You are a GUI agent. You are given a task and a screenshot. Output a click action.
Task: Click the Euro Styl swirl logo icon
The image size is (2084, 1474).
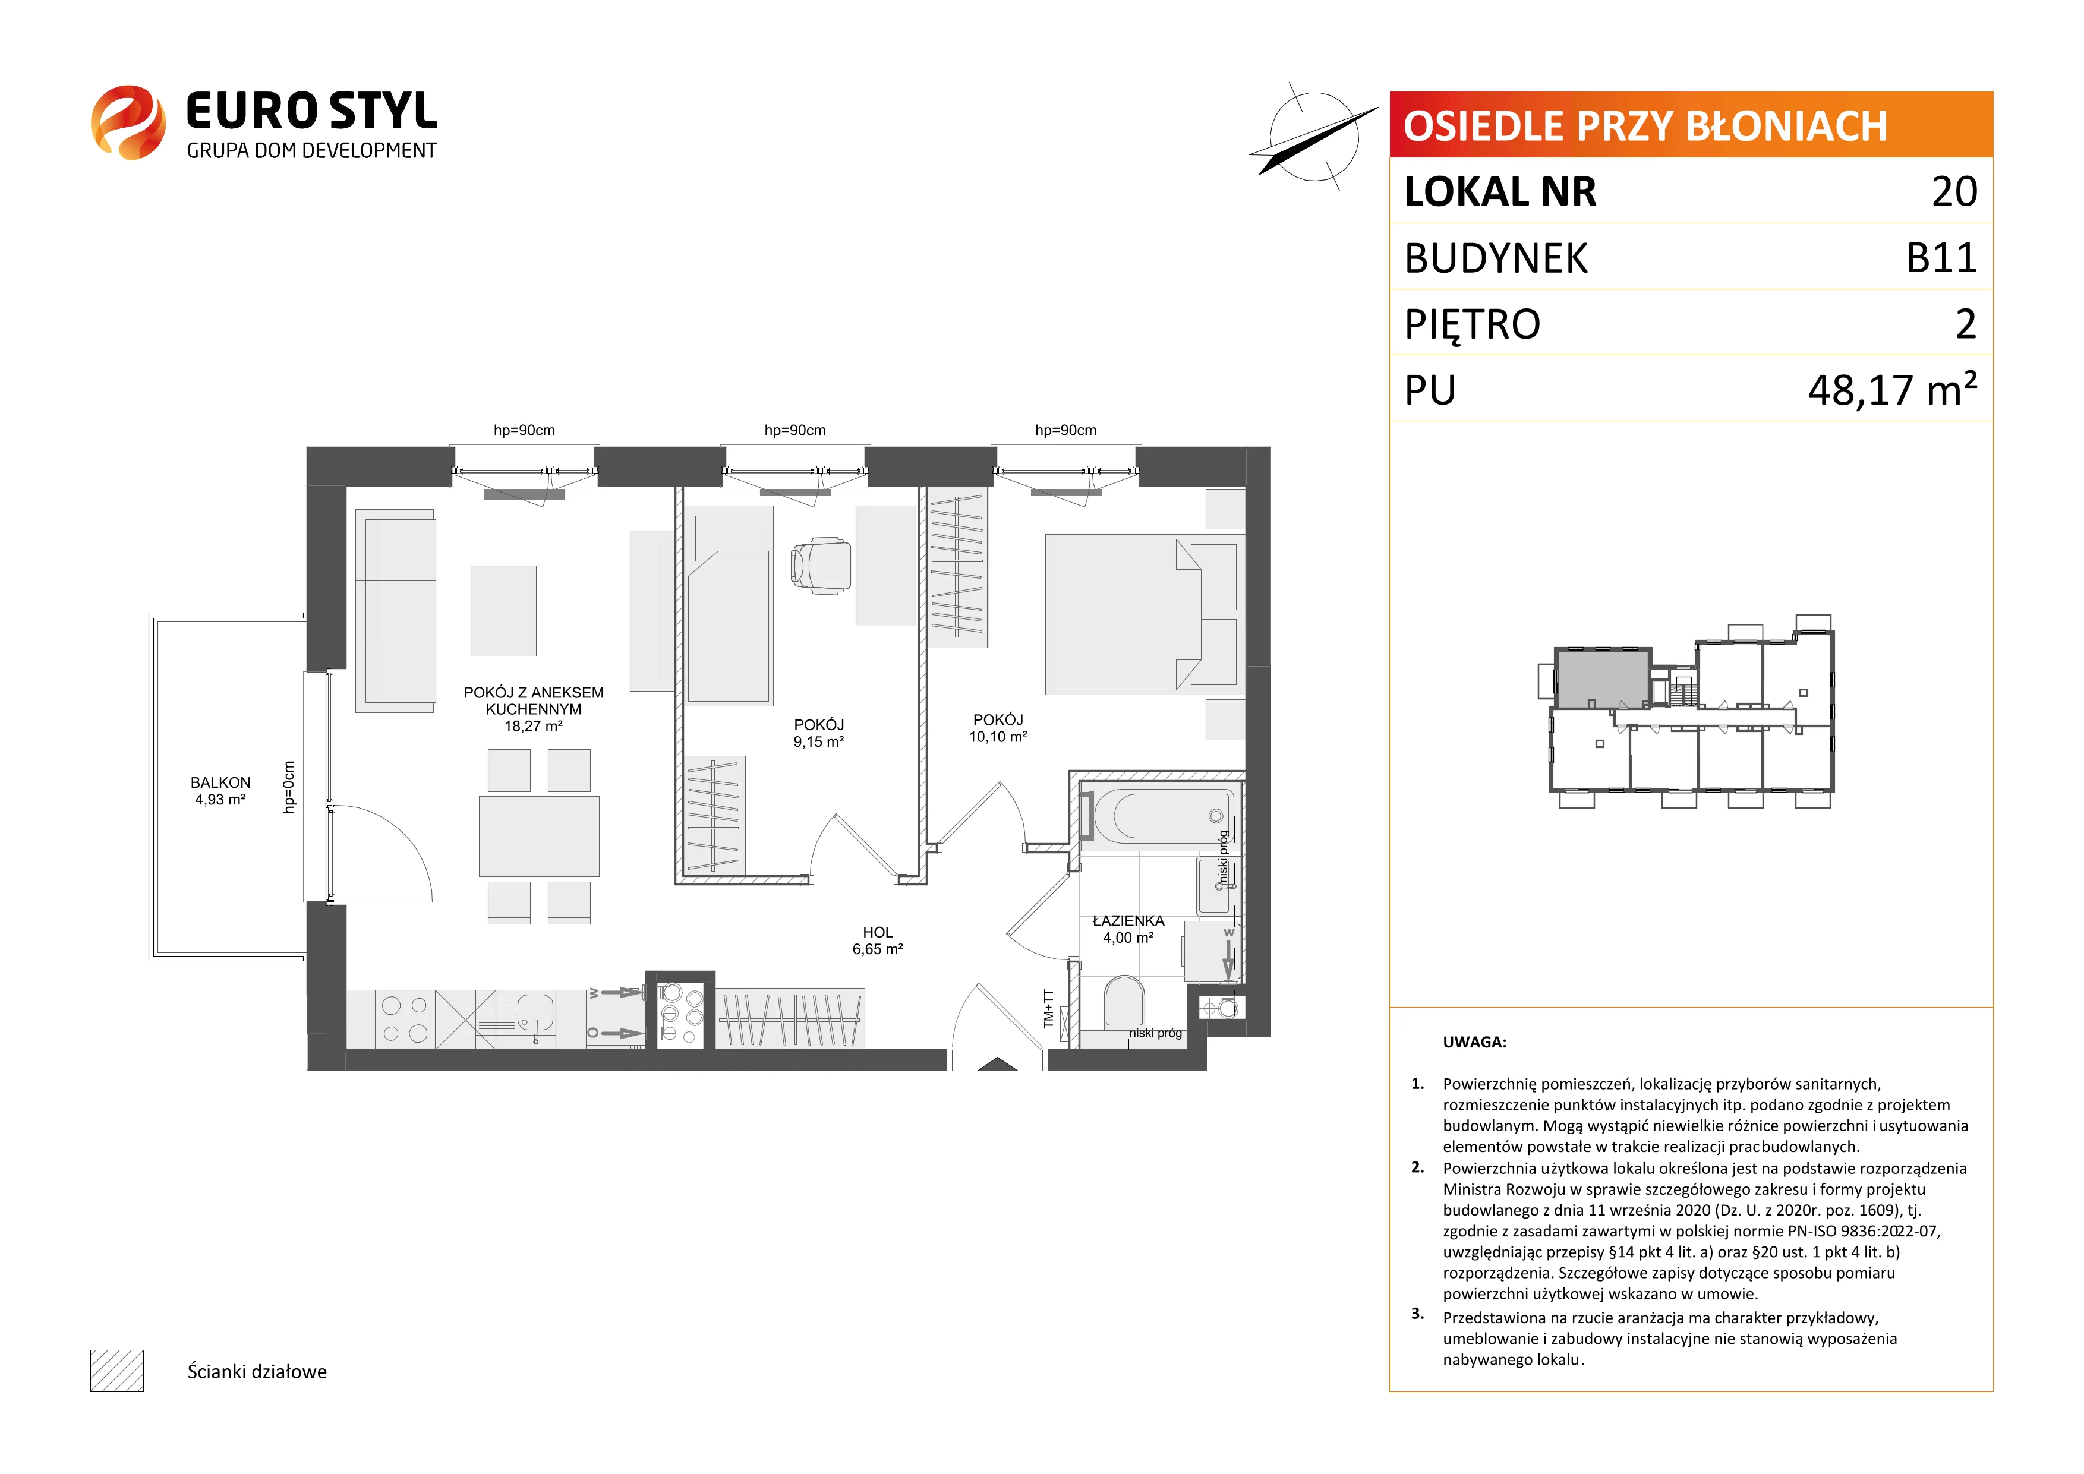[128, 122]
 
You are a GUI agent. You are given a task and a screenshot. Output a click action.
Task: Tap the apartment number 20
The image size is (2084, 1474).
[1954, 191]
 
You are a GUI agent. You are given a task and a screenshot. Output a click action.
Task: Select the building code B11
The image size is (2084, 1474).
[1941, 258]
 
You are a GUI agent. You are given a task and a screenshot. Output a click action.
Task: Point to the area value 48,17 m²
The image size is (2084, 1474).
[1893, 389]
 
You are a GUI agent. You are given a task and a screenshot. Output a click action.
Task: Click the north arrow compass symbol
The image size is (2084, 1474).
[1313, 138]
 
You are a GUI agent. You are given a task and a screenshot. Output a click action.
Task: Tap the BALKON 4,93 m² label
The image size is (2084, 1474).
[220, 791]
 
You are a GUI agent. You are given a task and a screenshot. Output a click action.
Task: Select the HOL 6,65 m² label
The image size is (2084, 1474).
[878, 940]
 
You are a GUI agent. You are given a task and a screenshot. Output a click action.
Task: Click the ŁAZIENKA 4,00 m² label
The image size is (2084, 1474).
[1128, 929]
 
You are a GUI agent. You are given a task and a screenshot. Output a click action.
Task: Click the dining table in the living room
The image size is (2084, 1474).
[539, 836]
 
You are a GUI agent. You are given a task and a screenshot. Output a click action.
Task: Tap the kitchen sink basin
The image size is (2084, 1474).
[535, 1013]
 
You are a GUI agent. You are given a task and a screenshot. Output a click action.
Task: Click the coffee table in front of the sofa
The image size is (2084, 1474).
[503, 611]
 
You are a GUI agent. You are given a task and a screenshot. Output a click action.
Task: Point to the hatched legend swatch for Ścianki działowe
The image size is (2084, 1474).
[117, 1371]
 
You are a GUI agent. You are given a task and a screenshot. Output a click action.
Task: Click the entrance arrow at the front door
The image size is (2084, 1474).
[998, 1063]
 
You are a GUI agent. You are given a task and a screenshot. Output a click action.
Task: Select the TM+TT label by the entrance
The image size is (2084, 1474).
[1049, 1008]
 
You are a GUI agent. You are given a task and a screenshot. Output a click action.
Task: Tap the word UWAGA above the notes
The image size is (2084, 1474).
[1474, 1042]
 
